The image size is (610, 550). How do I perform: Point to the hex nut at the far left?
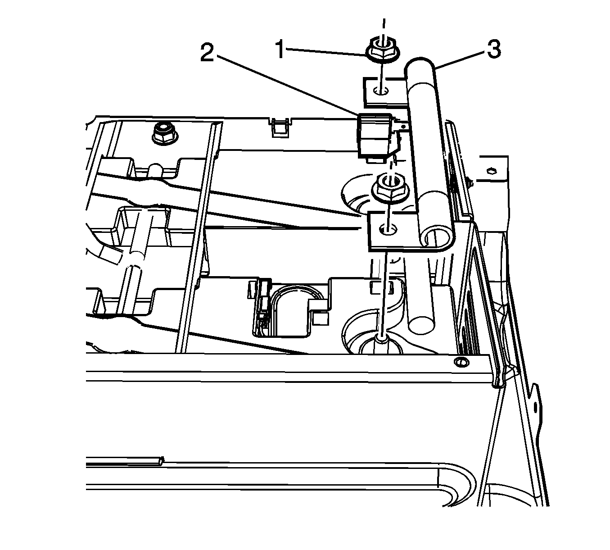click(161, 132)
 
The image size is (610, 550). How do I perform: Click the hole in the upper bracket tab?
click(381, 91)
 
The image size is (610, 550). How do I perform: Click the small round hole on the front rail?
click(460, 362)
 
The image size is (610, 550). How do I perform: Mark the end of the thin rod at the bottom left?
click(161, 460)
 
